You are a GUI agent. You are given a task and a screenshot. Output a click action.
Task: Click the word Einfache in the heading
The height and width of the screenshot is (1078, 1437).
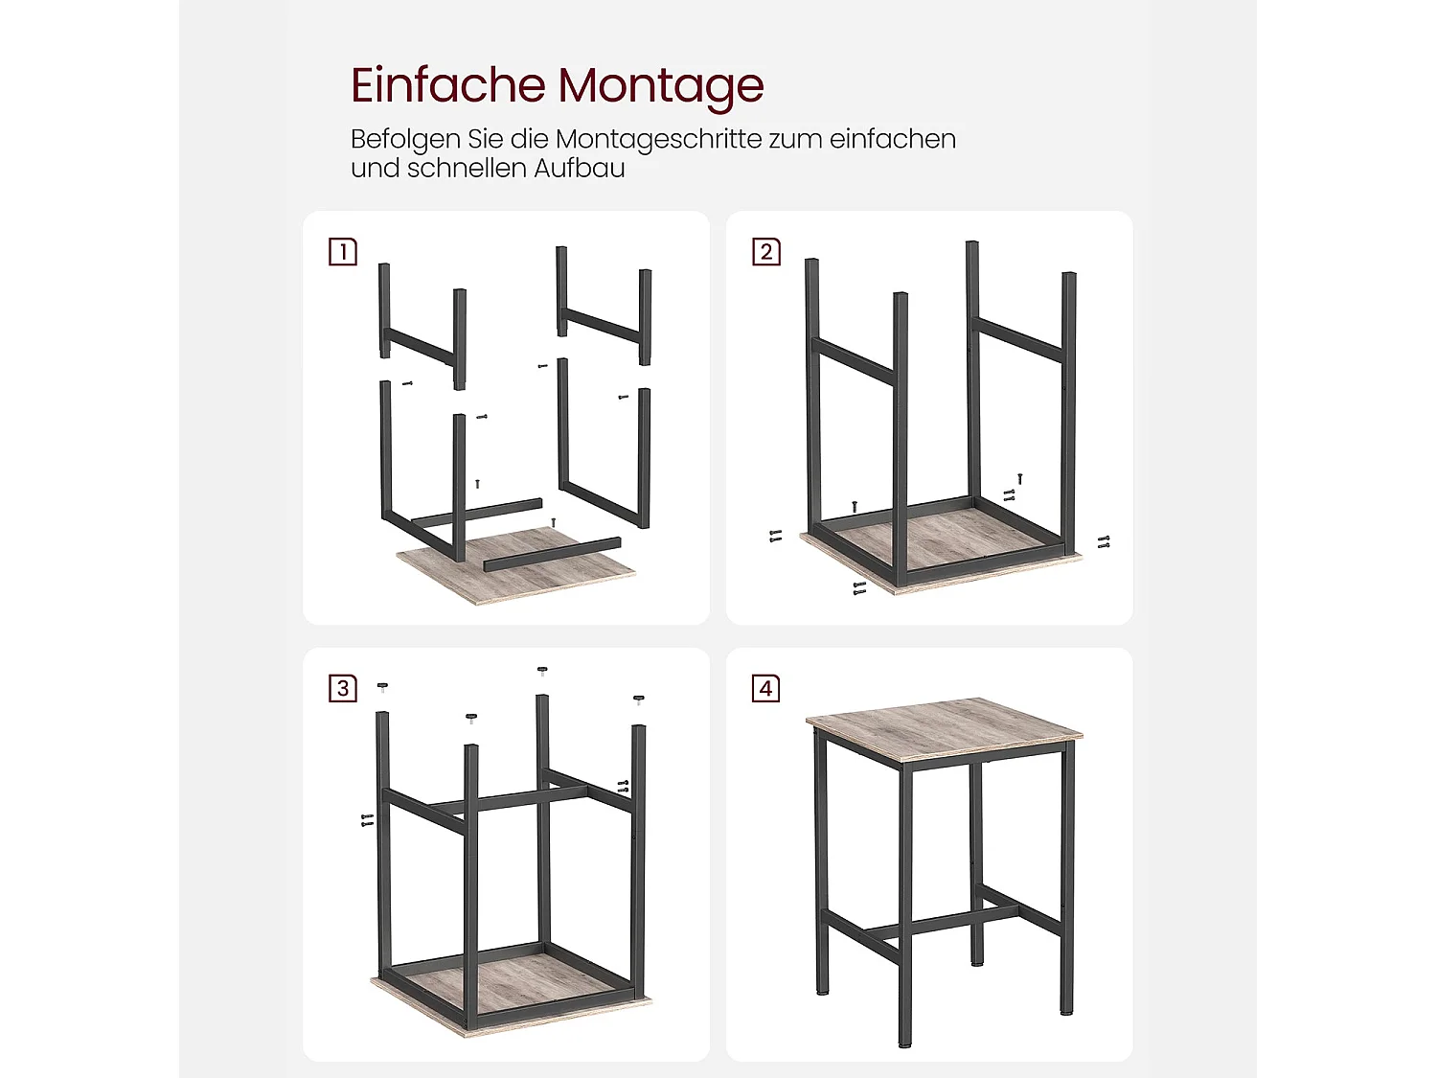coord(447,84)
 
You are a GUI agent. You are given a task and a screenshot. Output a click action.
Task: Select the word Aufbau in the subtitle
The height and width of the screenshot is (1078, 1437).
coord(580,169)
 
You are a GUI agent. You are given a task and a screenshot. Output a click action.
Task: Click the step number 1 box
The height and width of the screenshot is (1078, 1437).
coord(343,251)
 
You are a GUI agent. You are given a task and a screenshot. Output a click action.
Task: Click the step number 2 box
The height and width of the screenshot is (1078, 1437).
coord(766,251)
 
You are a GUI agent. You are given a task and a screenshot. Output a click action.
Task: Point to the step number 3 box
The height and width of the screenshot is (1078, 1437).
coord(343,688)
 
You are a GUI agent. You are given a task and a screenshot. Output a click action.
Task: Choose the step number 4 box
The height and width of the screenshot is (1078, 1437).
coord(766,688)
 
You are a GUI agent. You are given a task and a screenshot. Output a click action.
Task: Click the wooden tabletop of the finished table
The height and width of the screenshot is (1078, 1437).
coord(944,728)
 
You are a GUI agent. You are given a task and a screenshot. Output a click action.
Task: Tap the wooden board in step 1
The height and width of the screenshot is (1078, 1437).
coord(515,567)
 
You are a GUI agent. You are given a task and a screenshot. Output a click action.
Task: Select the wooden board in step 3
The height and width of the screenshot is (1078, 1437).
coord(512,995)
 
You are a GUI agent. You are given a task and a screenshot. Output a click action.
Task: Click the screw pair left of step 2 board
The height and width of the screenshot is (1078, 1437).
coord(776,536)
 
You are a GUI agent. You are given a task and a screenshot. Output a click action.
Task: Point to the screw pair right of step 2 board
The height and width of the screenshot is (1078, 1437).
coord(1104,542)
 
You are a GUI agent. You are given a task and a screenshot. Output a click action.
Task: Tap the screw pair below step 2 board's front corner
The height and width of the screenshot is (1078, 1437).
coord(859,588)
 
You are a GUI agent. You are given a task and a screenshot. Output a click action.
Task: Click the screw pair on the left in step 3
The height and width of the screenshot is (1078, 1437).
coord(367,819)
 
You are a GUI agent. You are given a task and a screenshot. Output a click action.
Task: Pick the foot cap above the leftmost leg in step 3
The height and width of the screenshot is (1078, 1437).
coord(383,687)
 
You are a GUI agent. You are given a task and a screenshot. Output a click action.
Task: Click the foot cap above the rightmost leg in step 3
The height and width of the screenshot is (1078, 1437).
coord(639,700)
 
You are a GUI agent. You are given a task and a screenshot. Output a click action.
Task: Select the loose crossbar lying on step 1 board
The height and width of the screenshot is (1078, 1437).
coord(552,555)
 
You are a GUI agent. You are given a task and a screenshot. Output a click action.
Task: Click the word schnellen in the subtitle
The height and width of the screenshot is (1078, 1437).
coord(467,169)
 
